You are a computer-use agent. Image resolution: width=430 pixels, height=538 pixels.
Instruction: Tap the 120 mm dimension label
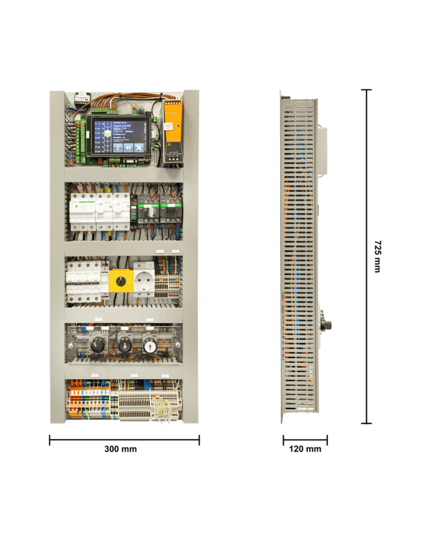tap(305, 449)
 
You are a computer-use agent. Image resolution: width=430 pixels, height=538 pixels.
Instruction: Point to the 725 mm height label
tap(376, 256)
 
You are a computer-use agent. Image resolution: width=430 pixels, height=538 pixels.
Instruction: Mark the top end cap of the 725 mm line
tap(366, 90)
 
